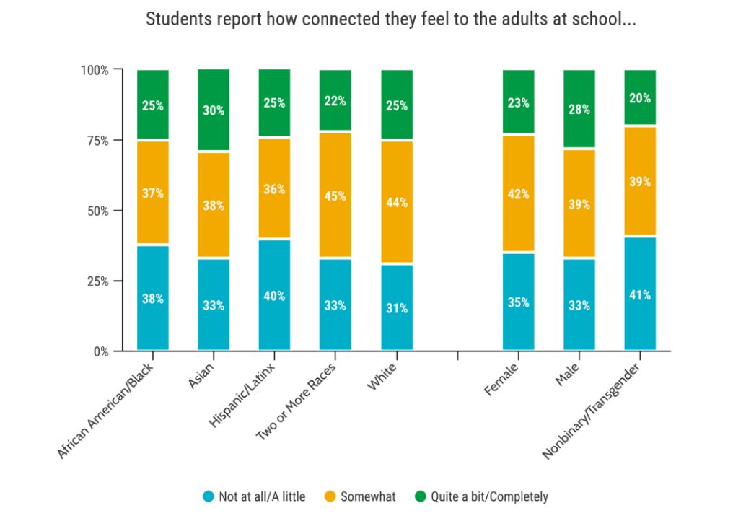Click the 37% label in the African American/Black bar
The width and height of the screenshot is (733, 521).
tap(153, 193)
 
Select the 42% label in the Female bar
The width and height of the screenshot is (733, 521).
tap(518, 193)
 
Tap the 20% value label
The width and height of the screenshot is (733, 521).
tap(640, 98)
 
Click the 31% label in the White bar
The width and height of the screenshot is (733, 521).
tap(397, 308)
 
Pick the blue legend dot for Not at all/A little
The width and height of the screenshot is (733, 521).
tap(208, 496)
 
